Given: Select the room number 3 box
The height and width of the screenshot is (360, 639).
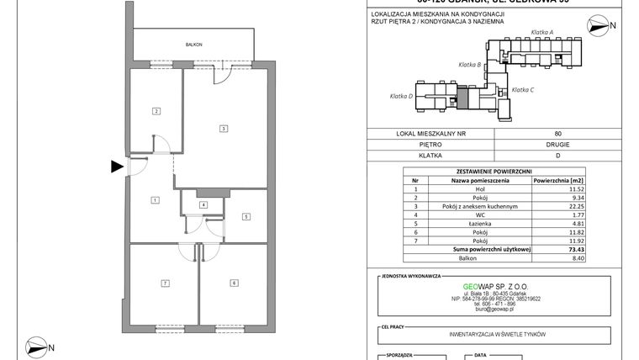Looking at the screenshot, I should (223, 129).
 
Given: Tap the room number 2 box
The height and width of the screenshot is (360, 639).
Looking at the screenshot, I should (156, 111).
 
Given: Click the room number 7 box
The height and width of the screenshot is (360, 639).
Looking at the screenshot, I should (166, 283).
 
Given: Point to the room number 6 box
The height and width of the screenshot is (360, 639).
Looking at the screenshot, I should (233, 283).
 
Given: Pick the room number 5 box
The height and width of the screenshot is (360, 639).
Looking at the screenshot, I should (246, 216).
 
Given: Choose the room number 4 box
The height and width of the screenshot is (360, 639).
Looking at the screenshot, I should (203, 204).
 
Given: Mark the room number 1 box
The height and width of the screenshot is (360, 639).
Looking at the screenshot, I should (156, 199).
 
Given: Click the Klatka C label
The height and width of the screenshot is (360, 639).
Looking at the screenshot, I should (523, 89).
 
